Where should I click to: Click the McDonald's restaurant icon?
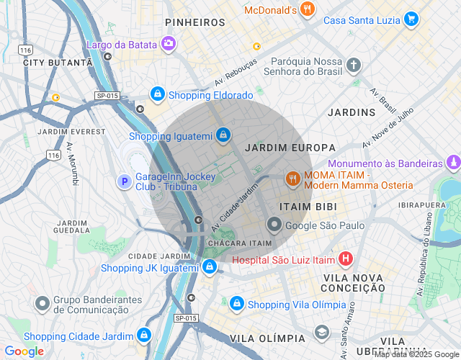click(308, 9)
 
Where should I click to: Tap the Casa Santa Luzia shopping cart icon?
click(411, 19)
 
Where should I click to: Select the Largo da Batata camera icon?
click(168, 44)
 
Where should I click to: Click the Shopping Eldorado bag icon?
click(157, 94)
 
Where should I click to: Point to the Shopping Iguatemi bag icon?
click(224, 135)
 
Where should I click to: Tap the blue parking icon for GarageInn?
click(125, 181)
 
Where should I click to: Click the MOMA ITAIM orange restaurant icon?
click(292, 179)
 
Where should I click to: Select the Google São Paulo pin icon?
click(274, 225)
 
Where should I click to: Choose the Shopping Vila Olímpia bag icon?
click(236, 305)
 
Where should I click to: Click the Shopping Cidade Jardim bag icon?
click(145, 336)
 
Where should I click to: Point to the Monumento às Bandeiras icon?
click(452, 163)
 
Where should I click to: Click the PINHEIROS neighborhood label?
click(195, 23)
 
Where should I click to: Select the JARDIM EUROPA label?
click(280, 148)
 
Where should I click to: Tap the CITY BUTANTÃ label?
click(58, 63)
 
